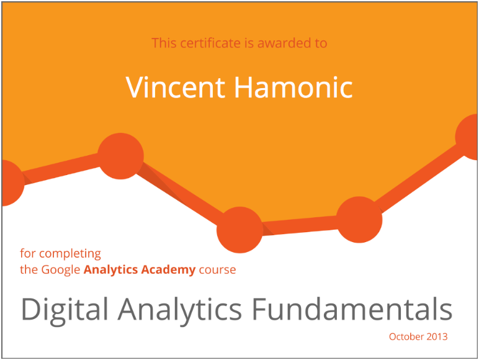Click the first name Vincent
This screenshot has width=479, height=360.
pyautogui.click(x=176, y=88)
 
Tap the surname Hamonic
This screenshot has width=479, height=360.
pyautogui.click(x=293, y=88)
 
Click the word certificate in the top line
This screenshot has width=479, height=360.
pyautogui.click(x=210, y=43)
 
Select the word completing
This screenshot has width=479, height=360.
pyautogui.click(x=70, y=254)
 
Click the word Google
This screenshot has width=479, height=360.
pyautogui.click(x=60, y=270)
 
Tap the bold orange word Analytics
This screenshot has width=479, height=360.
pyautogui.click(x=111, y=270)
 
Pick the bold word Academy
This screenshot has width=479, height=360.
pyautogui.click(x=168, y=270)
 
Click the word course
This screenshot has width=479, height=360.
pyautogui.click(x=218, y=270)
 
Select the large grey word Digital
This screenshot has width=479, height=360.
pyautogui.click(x=65, y=310)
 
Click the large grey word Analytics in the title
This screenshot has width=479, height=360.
pyautogui.click(x=180, y=310)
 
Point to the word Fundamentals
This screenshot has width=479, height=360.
pyautogui.click(x=352, y=309)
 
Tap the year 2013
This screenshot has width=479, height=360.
pyautogui.click(x=437, y=337)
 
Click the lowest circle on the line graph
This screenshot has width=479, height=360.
pyautogui.click(x=239, y=230)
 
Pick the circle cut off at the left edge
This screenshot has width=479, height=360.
pyautogui.click(x=13, y=182)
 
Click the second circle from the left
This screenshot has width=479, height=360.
pyautogui.click(x=120, y=156)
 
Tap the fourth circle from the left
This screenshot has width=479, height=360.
pyautogui.click(x=359, y=220)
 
